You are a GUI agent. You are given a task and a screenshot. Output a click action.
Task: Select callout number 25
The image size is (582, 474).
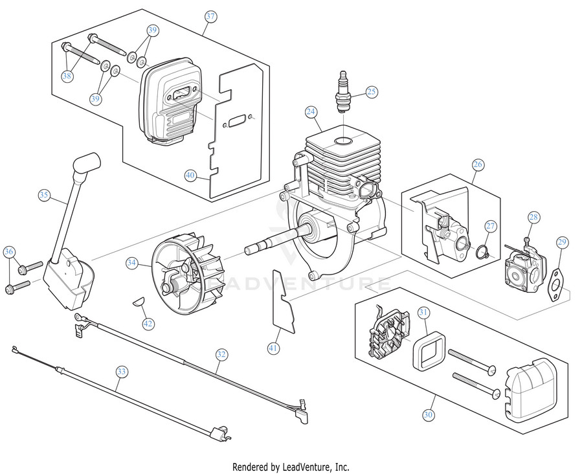point(371,92)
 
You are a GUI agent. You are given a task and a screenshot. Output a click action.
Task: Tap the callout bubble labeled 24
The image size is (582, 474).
point(311,111)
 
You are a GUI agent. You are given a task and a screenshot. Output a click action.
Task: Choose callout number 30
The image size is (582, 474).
point(429,414)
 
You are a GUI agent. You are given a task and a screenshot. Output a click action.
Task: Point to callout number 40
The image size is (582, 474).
point(190,175)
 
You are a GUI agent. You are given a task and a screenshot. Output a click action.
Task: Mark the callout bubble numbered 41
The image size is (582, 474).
point(275,348)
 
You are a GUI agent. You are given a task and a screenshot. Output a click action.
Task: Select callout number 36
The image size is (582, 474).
point(9,251)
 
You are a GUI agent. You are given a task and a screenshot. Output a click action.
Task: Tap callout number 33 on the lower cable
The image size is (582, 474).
point(121,371)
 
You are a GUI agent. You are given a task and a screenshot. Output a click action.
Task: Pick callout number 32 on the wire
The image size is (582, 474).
point(221,354)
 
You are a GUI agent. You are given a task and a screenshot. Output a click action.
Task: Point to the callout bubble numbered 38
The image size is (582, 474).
point(67,76)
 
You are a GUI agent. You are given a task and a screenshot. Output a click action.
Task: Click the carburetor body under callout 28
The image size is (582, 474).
point(522,271)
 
